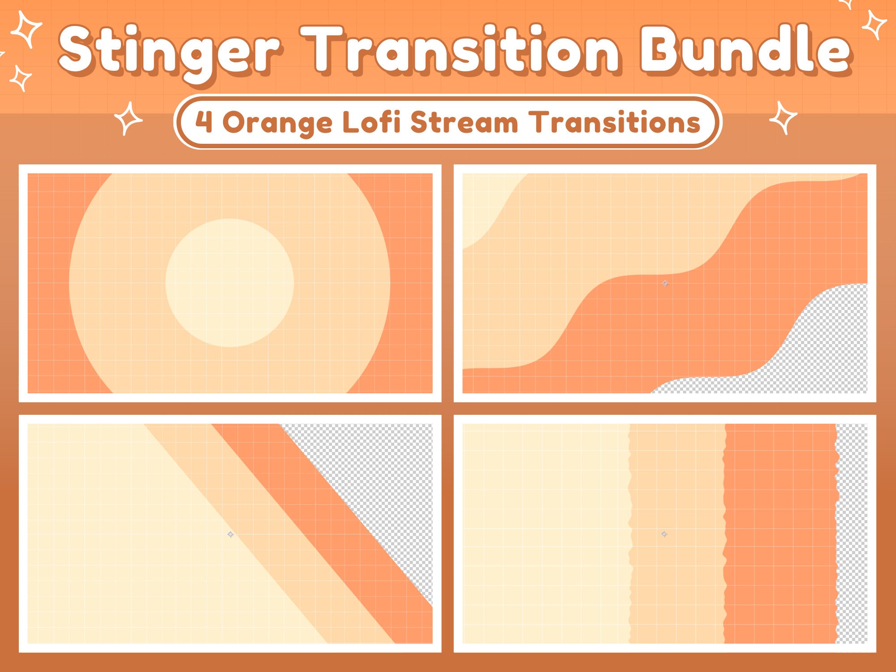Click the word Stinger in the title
pos(170,52)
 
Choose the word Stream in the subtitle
pos(464,122)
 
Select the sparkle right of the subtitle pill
pos(783,118)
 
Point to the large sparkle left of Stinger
pos(27,29)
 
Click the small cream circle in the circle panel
pos(229,283)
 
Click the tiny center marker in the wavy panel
pos(665,283)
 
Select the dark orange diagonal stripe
pos(323,515)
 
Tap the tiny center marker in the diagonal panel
pos(230,534)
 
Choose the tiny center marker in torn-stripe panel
pos(664,534)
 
